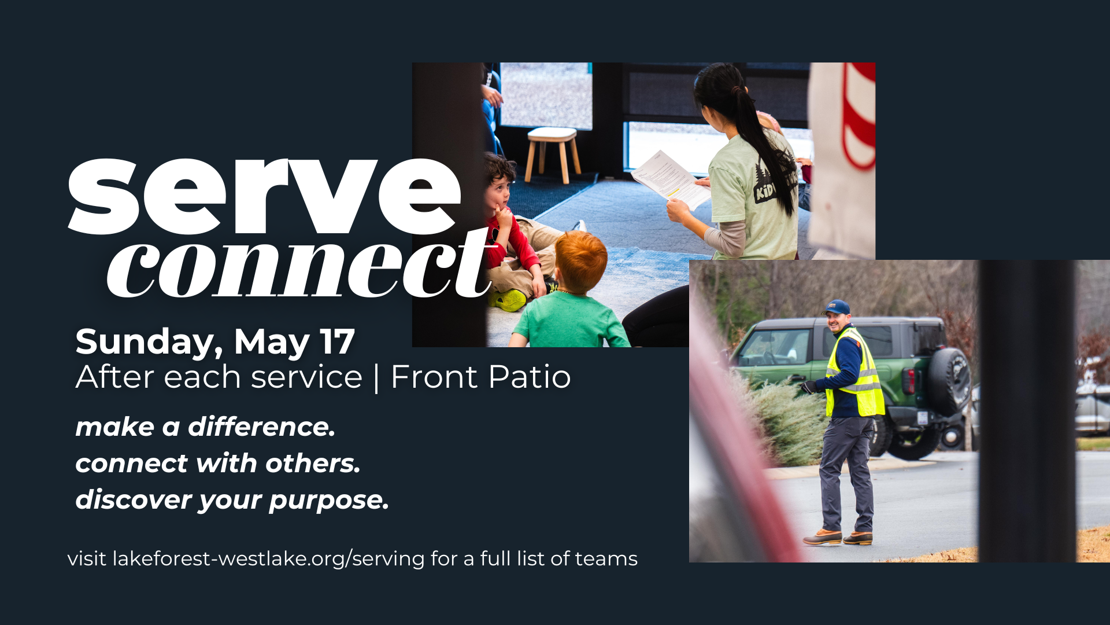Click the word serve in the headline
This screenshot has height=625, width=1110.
click(x=265, y=197)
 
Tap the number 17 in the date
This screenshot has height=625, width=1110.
click(x=337, y=341)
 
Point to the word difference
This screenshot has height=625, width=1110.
click(x=261, y=427)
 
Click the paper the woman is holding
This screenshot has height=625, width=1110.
click(x=671, y=179)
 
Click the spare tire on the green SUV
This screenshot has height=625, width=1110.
click(x=949, y=381)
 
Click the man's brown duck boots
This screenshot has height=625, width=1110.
click(x=838, y=538)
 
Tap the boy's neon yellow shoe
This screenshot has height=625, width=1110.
click(x=508, y=300)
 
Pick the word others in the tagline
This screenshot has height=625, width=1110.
click(x=313, y=464)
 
